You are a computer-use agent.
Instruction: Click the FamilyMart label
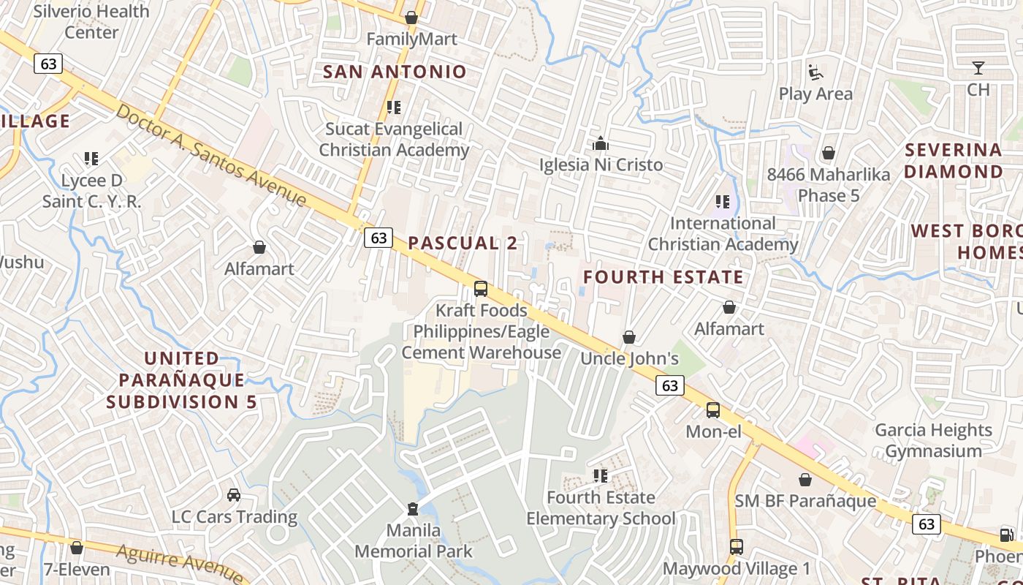[411, 39]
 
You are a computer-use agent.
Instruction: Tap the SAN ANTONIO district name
[395, 72]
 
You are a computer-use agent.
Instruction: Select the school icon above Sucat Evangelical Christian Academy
[394, 107]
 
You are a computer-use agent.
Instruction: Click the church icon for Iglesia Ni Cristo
[601, 143]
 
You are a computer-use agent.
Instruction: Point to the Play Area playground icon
[815, 72]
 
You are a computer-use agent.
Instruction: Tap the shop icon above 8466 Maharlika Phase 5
[829, 153]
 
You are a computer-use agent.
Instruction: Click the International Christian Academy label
[723, 234]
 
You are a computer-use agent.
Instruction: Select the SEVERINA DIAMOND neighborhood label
[954, 161]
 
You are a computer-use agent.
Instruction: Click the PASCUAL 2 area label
[463, 244]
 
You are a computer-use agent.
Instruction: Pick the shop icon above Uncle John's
[629, 337]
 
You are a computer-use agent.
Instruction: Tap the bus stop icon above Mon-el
[713, 410]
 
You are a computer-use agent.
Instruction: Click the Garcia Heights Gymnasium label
[933, 440]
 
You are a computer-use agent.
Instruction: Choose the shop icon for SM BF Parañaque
[805, 480]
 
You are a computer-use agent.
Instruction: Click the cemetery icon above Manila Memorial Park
[413, 508]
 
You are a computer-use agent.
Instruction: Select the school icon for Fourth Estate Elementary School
[601, 476]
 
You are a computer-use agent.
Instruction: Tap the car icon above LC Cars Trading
[234, 495]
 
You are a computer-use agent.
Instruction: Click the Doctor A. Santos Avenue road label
[211, 155]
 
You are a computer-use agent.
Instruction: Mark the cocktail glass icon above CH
[978, 69]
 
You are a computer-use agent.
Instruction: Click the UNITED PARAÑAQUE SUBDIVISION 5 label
[182, 380]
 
